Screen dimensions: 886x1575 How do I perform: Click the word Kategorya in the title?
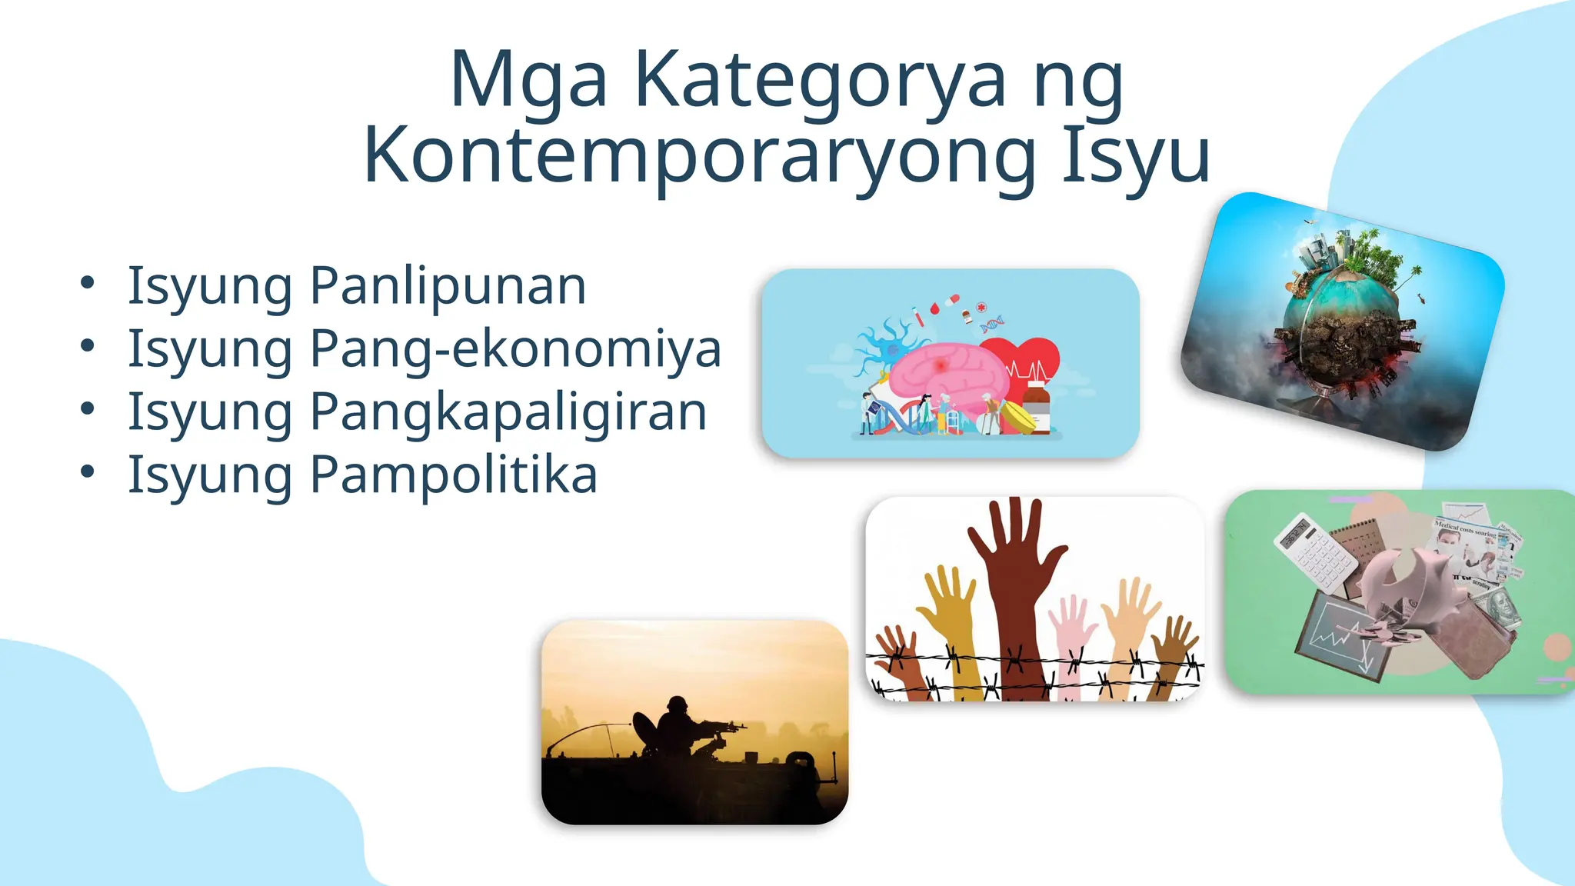820,82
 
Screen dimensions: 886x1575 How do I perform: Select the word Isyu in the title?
1136,157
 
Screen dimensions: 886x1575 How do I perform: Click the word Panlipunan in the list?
448,286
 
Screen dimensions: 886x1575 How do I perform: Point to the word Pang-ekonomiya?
515,349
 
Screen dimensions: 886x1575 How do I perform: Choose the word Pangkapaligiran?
508,412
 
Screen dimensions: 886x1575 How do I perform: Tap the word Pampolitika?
453,475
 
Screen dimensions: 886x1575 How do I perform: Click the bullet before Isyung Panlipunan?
88,283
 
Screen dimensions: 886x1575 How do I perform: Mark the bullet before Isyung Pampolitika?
88,471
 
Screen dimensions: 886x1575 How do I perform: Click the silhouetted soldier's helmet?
677,704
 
